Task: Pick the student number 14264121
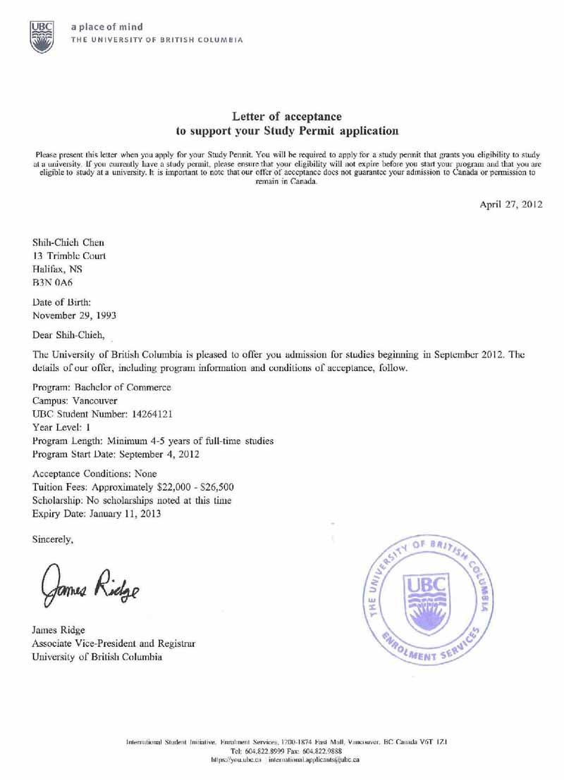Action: pyautogui.click(x=159, y=415)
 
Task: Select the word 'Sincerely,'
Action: pyautogui.click(x=56, y=540)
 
